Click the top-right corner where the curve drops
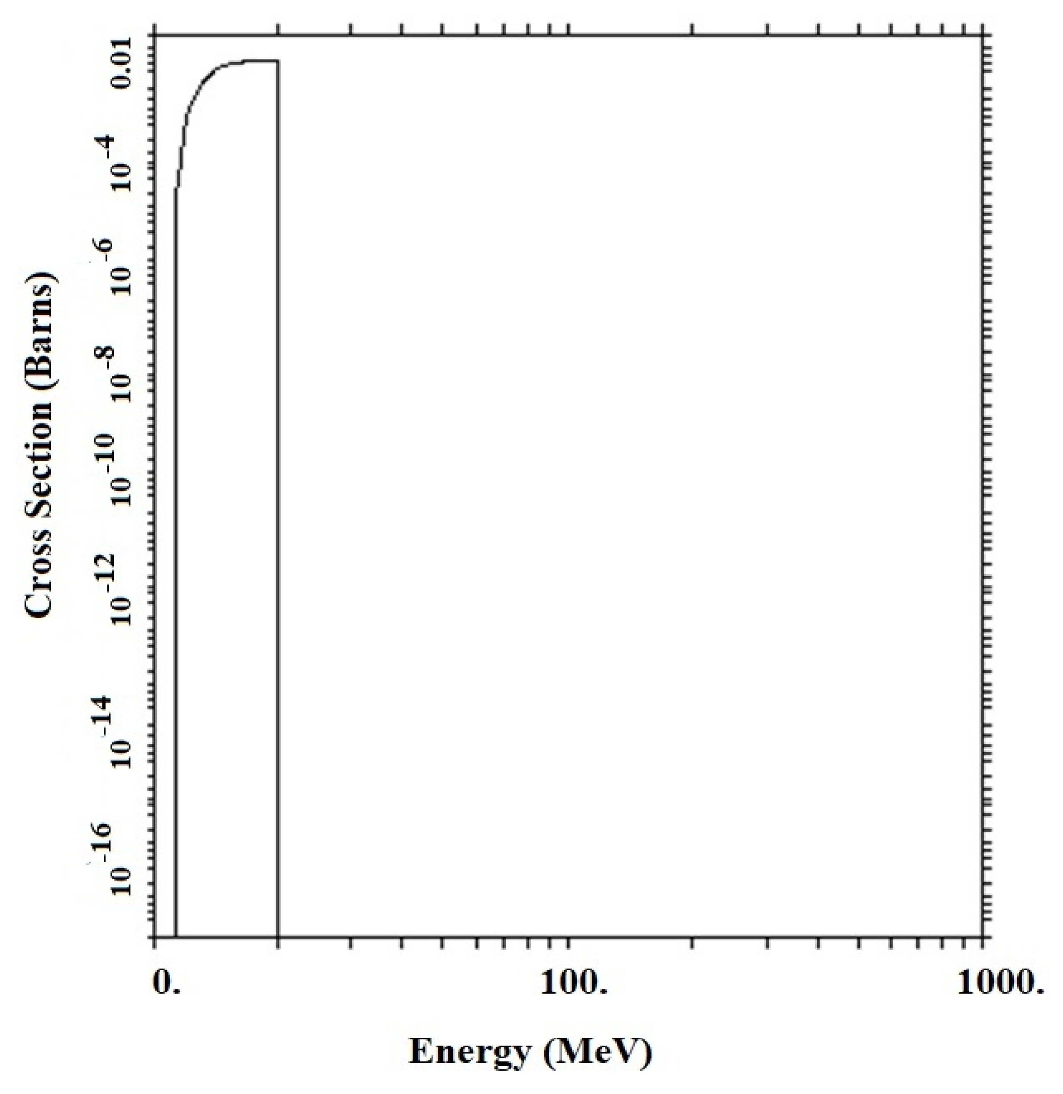(x=279, y=60)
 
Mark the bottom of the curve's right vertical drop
(x=279, y=936)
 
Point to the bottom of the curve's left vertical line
(x=176, y=936)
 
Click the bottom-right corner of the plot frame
(x=983, y=936)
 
